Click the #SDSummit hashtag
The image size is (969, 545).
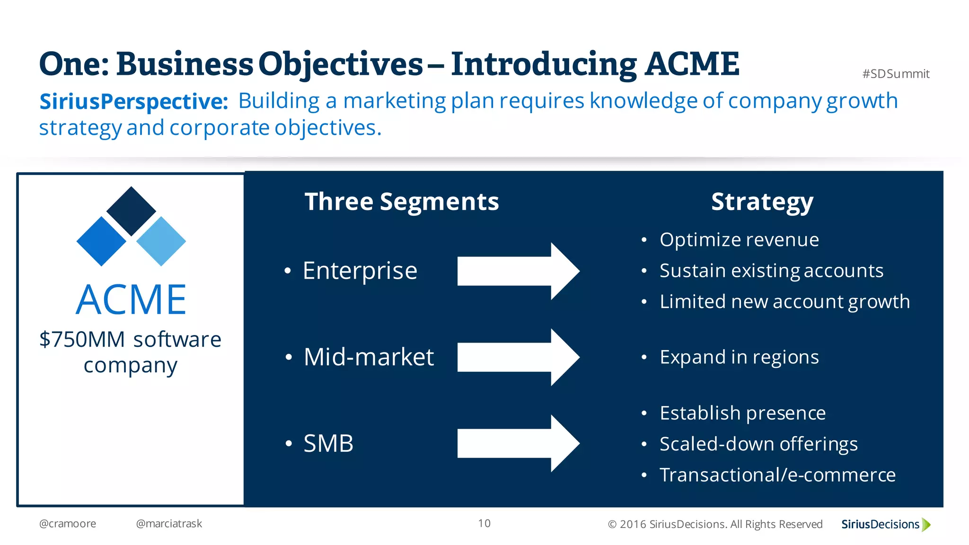pyautogui.click(x=896, y=74)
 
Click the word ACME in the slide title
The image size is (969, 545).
pyautogui.click(x=692, y=64)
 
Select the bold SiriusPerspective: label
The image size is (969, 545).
pyautogui.click(x=133, y=101)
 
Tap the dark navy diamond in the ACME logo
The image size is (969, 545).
pyautogui.click(x=131, y=211)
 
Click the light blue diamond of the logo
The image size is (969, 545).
pyautogui.click(x=161, y=241)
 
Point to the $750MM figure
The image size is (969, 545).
pyautogui.click(x=82, y=340)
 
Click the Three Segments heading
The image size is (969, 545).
pyautogui.click(x=401, y=202)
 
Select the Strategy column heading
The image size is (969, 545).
pyautogui.click(x=762, y=202)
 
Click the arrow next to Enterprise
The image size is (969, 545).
pyautogui.click(x=518, y=271)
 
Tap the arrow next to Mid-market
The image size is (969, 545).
pyautogui.click(x=518, y=357)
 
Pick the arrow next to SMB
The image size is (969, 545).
pyautogui.click(x=518, y=443)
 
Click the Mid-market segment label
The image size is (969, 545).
pyautogui.click(x=368, y=357)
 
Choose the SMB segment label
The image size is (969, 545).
pyautogui.click(x=328, y=444)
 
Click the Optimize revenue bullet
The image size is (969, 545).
pyautogui.click(x=739, y=240)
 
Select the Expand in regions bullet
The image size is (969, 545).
pyautogui.click(x=739, y=357)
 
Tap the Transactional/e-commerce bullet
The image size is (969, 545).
pyautogui.click(x=777, y=475)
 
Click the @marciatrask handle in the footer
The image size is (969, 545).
pyautogui.click(x=169, y=524)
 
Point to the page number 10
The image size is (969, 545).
pyautogui.click(x=484, y=523)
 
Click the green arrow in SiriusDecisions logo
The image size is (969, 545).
pyautogui.click(x=926, y=525)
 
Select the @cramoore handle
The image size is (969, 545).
pyautogui.click(x=68, y=524)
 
